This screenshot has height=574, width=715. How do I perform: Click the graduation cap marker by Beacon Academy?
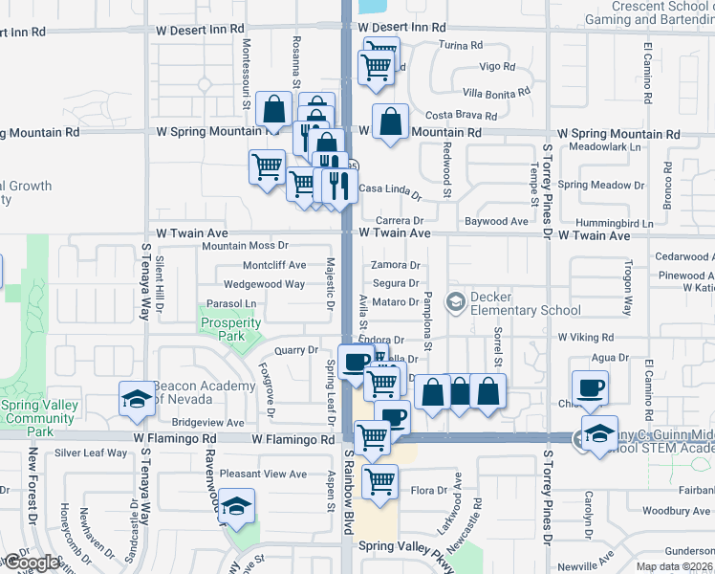click(x=136, y=398)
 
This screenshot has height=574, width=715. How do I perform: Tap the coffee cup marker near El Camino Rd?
click(x=590, y=388)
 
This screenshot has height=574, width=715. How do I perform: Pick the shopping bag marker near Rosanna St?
click(x=274, y=110)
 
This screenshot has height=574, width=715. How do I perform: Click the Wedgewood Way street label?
click(x=264, y=284)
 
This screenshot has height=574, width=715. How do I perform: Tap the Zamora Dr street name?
click(x=396, y=265)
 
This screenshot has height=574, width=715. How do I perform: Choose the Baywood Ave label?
click(x=496, y=222)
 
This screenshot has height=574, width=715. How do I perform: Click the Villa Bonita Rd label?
click(x=495, y=93)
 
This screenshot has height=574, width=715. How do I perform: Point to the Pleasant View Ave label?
click(x=263, y=474)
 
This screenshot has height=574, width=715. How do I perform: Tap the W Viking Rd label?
click(x=586, y=338)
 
